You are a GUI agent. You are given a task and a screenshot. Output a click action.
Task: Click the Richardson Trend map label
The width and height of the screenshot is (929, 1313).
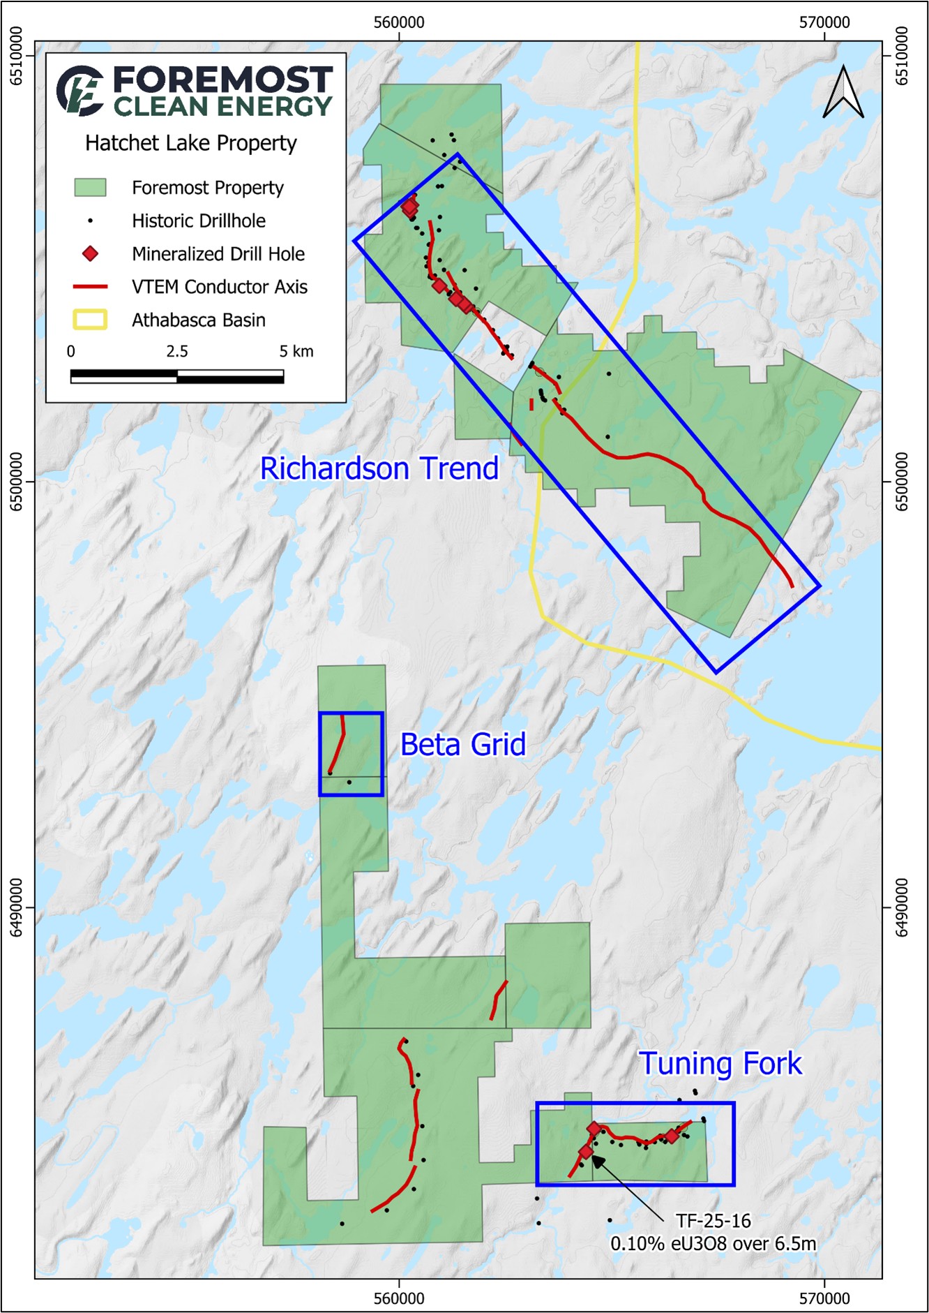click(x=379, y=468)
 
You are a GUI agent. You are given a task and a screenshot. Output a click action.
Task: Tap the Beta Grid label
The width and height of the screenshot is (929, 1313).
click(x=462, y=745)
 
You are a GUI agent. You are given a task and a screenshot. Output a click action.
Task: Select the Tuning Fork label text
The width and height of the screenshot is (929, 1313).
click(x=720, y=1064)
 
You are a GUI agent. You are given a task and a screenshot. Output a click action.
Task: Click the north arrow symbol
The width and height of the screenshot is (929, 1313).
click(x=843, y=93)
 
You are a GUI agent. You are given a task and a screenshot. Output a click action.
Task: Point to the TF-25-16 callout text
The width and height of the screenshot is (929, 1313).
click(x=713, y=1221)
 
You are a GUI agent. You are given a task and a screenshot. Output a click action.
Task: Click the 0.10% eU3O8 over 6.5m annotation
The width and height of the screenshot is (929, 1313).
click(x=713, y=1244)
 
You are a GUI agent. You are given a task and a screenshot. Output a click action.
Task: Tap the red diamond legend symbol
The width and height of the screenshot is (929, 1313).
click(x=90, y=253)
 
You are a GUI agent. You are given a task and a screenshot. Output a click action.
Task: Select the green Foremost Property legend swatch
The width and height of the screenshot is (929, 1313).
click(x=90, y=187)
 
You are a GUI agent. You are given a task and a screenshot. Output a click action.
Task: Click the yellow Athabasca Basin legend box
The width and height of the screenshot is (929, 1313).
click(x=90, y=320)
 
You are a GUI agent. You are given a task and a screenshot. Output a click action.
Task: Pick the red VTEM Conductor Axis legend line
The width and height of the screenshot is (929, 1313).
click(x=90, y=287)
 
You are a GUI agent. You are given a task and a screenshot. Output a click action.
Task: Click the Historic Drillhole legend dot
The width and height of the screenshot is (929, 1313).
click(x=90, y=221)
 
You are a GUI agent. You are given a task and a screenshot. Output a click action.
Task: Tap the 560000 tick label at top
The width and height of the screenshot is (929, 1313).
click(x=398, y=22)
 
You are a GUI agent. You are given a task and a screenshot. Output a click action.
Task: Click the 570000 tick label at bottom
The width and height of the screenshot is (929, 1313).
click(x=824, y=1298)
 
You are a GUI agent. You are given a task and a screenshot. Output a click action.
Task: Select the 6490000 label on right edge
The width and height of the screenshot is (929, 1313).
click(x=902, y=907)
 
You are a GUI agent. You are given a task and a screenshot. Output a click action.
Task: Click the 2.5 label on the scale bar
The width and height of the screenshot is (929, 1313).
click(x=176, y=351)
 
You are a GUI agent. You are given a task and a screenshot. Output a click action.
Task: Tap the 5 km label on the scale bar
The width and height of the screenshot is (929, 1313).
click(x=296, y=351)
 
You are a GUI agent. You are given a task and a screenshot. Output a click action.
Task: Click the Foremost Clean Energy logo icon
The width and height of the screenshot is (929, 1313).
click(x=80, y=91)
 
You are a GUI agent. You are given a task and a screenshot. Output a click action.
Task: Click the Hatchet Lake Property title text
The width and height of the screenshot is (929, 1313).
click(x=190, y=143)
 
